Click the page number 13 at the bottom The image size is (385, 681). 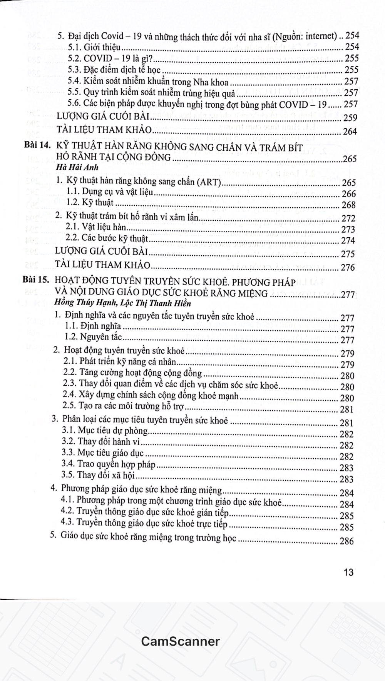348,572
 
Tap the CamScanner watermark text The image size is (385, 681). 180,641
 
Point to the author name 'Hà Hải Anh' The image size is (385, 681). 77,167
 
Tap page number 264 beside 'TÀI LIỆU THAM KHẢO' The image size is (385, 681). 350,132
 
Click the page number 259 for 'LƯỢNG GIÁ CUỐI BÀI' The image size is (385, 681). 350,118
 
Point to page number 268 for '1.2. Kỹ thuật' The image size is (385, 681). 348,205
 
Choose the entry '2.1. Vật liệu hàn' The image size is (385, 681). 95,227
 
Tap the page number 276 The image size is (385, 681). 348,267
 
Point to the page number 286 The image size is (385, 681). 346,541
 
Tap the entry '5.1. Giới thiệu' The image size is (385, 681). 94,47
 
